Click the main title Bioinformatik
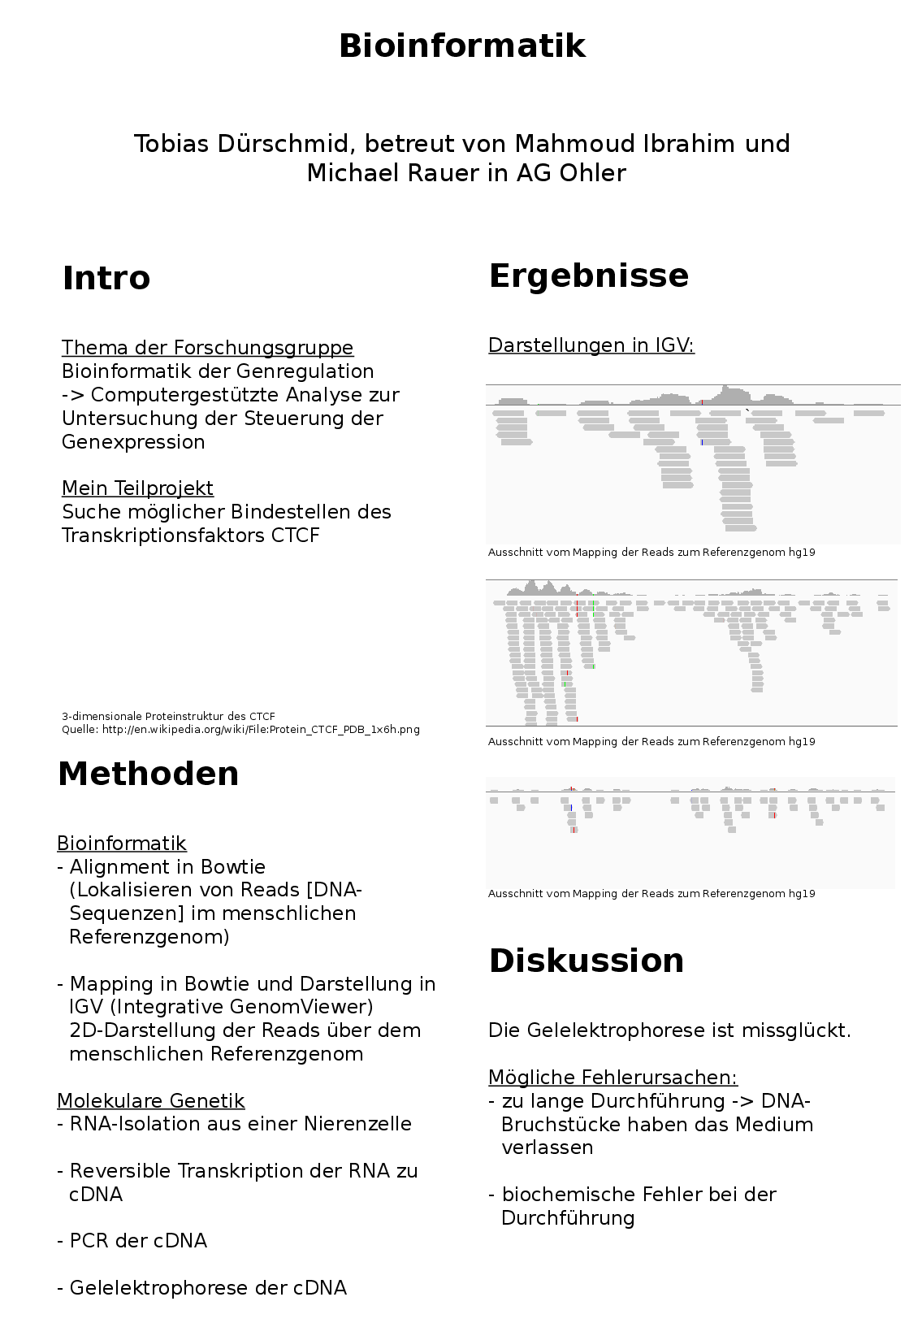(x=461, y=46)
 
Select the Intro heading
(x=106, y=278)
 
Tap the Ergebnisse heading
(x=588, y=275)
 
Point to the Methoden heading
(x=148, y=774)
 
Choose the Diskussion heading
(x=586, y=961)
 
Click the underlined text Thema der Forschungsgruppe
(x=207, y=348)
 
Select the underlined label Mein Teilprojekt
(x=137, y=488)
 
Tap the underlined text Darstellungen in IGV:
(x=591, y=345)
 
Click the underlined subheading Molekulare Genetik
(x=150, y=1101)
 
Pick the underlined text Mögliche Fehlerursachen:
(x=613, y=1078)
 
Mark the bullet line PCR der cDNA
(x=138, y=1241)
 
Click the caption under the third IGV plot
(x=651, y=894)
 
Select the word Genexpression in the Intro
(x=133, y=442)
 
